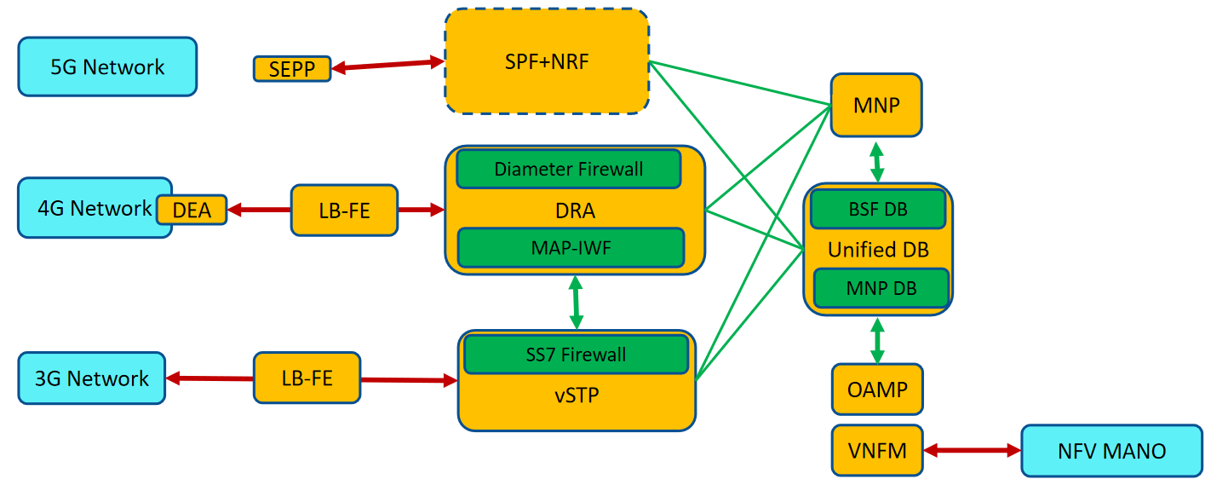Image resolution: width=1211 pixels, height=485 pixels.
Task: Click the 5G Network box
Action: (107, 66)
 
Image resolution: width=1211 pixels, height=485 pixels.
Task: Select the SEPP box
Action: (291, 69)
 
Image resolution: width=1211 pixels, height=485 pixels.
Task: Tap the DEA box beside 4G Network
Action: (192, 210)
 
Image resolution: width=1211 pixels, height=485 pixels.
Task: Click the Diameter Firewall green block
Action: (569, 169)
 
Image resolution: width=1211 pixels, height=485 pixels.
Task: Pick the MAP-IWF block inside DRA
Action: (571, 247)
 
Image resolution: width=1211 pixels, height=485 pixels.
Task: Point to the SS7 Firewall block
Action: (576, 354)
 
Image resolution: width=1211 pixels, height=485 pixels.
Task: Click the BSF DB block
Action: (878, 210)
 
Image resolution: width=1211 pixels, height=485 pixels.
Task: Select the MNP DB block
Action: (881, 288)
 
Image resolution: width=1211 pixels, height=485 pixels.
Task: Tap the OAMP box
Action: (877, 390)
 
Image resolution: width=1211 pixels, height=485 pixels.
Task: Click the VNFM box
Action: (877, 450)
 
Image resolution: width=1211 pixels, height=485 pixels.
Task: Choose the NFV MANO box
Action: (1111, 450)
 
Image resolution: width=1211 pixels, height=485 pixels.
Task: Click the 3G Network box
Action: (92, 378)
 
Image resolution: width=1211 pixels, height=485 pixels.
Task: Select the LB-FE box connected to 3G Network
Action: (307, 378)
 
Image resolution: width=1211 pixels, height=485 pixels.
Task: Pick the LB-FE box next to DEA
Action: (345, 210)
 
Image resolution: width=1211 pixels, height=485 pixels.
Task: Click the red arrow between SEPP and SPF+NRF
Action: (388, 65)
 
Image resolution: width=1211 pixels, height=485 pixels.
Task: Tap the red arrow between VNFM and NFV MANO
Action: (972, 450)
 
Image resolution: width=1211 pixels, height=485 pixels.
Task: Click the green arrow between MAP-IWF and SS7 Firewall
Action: (576, 302)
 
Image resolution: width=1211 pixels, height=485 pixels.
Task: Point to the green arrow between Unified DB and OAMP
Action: (877, 340)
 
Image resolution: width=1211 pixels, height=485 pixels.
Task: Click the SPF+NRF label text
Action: (546, 61)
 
